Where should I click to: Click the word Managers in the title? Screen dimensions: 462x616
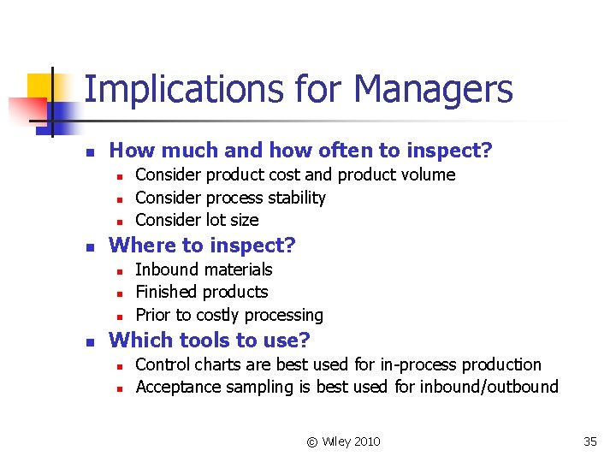pos(433,89)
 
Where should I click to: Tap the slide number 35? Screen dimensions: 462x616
pos(590,441)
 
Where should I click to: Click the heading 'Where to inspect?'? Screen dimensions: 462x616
pos(203,246)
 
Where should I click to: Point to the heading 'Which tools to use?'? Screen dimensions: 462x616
pos(210,341)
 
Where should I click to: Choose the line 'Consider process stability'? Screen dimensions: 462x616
pos(230,198)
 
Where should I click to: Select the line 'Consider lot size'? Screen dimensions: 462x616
pos(197,220)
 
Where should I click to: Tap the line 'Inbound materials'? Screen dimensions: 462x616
pos(204,269)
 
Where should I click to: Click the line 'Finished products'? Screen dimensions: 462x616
pos(202,292)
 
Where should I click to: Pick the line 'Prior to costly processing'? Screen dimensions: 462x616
pos(229,315)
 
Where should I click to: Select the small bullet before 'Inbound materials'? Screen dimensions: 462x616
pos(121,271)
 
